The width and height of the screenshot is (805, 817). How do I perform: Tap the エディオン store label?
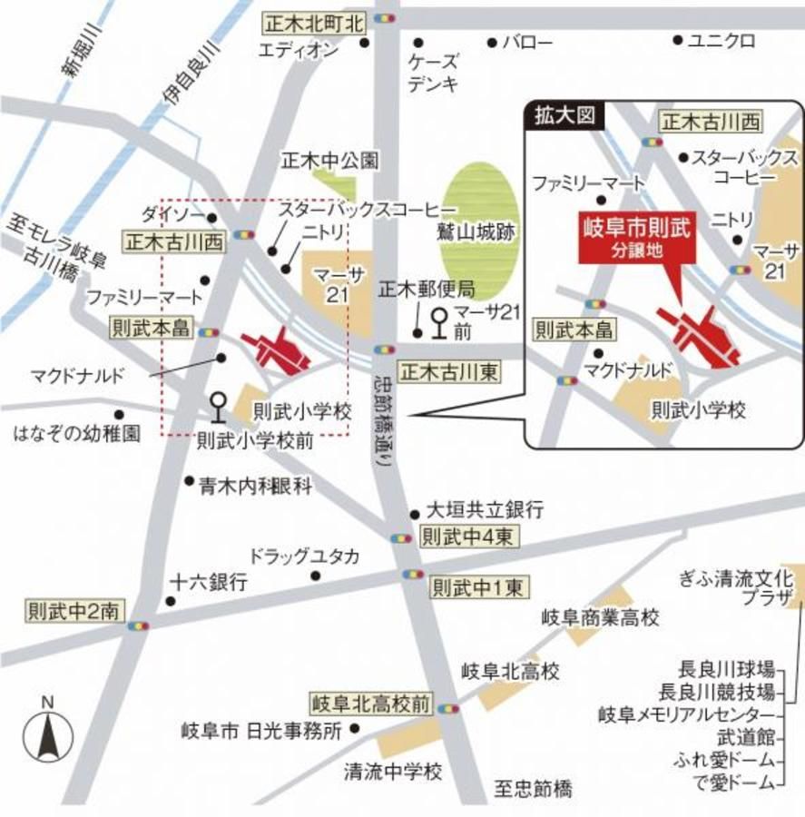tap(299, 52)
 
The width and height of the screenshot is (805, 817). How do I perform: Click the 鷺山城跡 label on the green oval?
tap(486, 232)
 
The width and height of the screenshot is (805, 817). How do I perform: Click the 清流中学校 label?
tap(392, 772)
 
